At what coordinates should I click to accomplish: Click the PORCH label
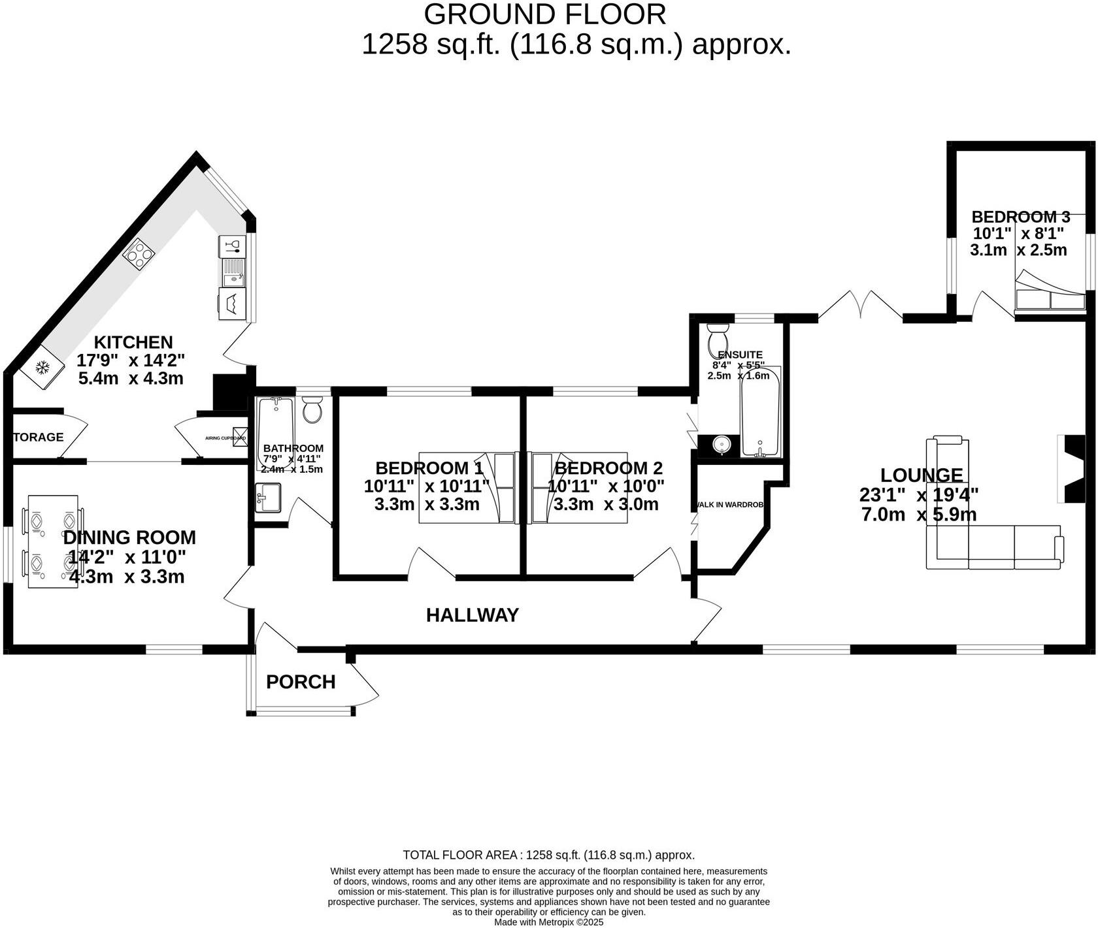(301, 682)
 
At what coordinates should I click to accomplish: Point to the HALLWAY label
(472, 615)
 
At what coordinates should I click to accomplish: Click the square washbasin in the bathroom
(267, 498)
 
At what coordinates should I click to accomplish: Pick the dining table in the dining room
(53, 541)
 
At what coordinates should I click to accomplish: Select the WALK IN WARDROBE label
(730, 505)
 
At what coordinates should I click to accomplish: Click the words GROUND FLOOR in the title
(544, 14)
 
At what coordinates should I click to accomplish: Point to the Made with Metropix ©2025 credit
(548, 922)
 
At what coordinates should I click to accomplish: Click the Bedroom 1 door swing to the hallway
(431, 563)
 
